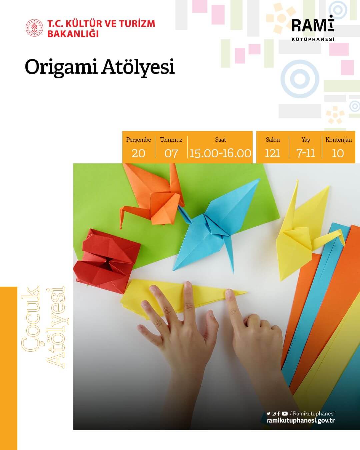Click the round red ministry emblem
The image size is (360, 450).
point(35,28)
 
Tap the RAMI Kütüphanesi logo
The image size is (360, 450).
point(313,29)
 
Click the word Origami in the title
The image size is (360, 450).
point(61,67)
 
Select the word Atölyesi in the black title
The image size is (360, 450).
point(138,67)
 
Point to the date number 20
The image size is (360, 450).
point(138,153)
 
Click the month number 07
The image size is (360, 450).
point(171,153)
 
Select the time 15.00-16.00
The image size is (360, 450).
point(220,153)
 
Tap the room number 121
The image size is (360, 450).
point(272,153)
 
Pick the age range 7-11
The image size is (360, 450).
point(305,153)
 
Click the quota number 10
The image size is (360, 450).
point(338,153)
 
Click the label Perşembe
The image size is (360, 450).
point(138,140)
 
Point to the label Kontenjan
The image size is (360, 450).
point(339,140)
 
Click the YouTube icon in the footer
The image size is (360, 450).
point(285,414)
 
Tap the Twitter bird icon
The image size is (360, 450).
point(268,414)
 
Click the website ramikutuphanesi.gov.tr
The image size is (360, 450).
point(300,421)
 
